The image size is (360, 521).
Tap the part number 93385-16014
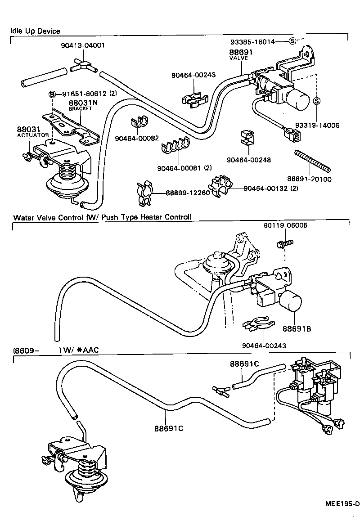tap(252, 41)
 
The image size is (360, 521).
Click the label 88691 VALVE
tap(241, 55)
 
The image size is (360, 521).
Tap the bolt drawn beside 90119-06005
tap(285, 243)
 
